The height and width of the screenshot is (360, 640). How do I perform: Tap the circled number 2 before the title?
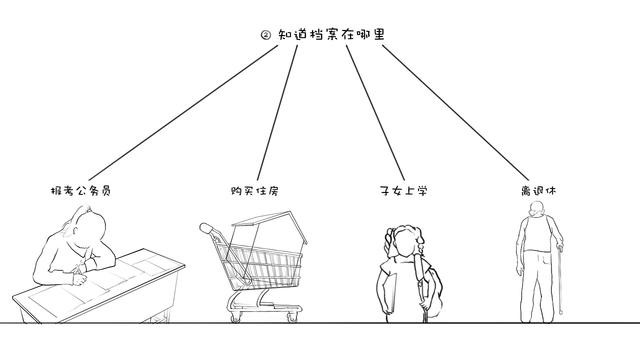tap(265, 35)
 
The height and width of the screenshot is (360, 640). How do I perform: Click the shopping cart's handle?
tap(207, 229)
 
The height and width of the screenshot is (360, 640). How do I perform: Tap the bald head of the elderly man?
tap(538, 210)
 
